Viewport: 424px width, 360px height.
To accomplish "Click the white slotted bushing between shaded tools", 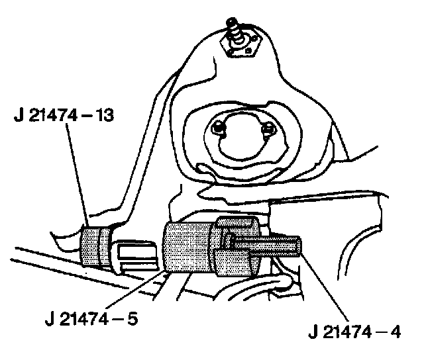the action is [136, 255].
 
